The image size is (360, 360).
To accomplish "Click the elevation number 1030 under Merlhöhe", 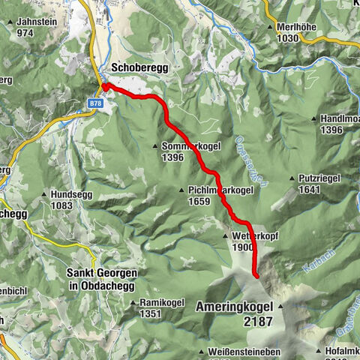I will point(286,37).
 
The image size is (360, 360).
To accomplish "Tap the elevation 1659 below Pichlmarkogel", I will point(198,201).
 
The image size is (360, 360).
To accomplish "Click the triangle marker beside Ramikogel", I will point(133,303).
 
